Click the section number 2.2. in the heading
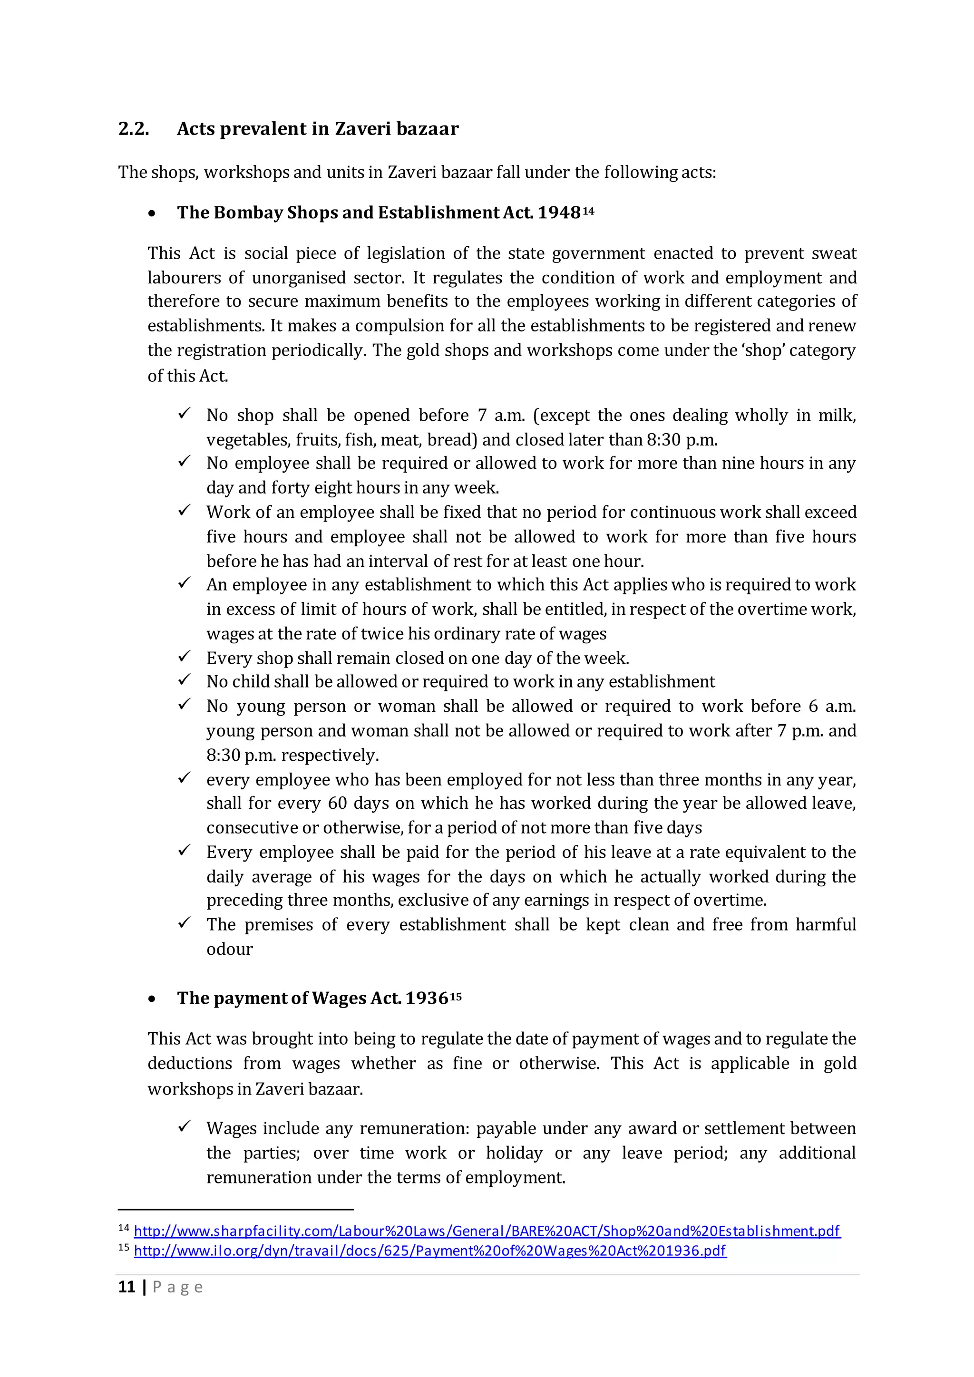coord(134,129)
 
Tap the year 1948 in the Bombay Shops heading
coord(558,213)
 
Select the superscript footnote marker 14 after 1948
coord(588,211)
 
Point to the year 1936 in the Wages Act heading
coord(427,998)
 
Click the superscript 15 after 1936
coord(456,996)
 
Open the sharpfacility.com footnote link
coord(487,1231)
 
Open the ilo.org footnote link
coord(429,1251)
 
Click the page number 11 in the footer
coord(127,1287)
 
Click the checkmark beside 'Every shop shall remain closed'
coord(184,657)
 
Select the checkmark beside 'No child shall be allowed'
coord(184,680)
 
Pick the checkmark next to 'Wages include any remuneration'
coord(184,1127)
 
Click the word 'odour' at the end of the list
coord(230,950)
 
